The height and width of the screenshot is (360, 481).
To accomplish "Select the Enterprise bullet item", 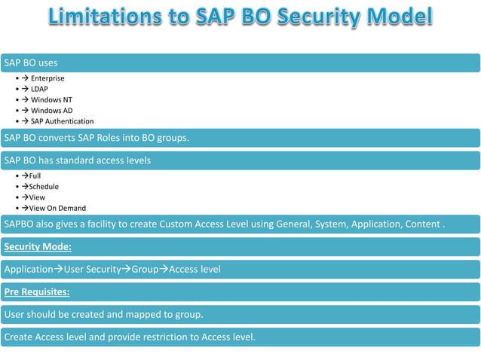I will point(47,78).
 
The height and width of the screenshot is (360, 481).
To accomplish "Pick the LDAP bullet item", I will point(39,89).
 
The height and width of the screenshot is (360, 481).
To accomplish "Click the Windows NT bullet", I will point(51,99).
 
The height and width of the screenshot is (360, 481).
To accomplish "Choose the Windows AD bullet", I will point(51,111).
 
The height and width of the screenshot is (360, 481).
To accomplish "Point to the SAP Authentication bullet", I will point(62,121).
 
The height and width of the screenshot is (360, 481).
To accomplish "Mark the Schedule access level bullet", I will point(43,186).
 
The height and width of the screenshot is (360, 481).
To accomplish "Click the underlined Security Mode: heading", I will point(38,246).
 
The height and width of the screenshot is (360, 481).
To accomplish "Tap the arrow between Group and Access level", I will point(164,269).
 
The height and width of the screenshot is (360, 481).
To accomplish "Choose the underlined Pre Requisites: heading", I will point(37,291).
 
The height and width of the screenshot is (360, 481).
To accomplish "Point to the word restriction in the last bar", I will point(173,337).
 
